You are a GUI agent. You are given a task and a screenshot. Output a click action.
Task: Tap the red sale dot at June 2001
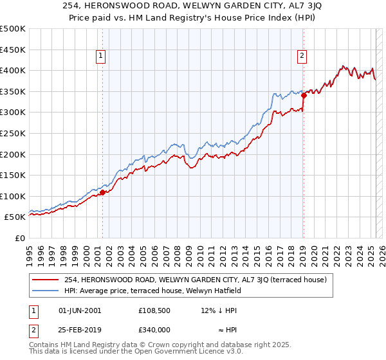[102, 192]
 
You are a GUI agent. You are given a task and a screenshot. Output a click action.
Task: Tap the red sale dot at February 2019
[304, 95]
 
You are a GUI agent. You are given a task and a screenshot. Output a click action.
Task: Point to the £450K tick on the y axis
[14, 50]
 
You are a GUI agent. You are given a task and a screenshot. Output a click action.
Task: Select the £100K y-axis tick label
[14, 196]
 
